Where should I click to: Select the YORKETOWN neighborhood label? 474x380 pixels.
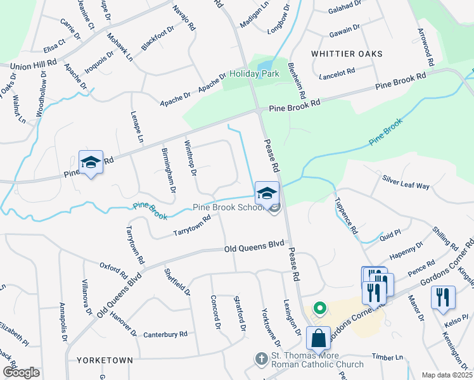pos(105,360)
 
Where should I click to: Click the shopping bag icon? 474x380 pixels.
pos(317,338)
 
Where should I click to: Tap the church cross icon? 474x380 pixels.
pos(260,358)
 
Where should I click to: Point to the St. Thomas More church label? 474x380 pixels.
pos(317,360)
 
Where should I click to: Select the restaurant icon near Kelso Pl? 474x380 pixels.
pos(442,296)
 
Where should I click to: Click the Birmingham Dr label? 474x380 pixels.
pos(169,172)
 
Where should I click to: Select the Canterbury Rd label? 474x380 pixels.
pos(165,334)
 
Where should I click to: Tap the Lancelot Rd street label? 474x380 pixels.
pos(338,73)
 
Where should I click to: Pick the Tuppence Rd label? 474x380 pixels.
pos(345,215)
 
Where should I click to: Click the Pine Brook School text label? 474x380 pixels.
pos(228,208)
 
